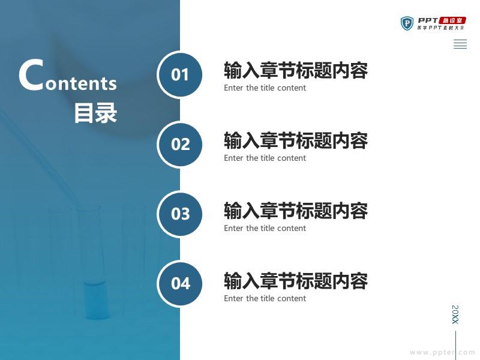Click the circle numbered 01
pos(179,74)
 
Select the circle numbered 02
pos(179,144)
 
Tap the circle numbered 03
pos(179,214)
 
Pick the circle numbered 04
pos(179,283)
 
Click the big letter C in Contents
pos(31,75)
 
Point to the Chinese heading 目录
pos(95,113)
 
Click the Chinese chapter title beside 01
pos(296,70)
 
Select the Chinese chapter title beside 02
pos(296,140)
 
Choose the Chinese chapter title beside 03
pos(296,211)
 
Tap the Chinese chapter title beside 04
pos(296,280)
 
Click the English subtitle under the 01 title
pos(265,88)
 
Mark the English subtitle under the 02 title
pos(265,158)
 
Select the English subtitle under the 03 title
pos(265,228)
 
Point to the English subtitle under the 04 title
pos(265,298)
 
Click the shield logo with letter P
pos(407,23)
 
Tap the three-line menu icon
pos(460,44)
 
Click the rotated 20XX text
pos(455,314)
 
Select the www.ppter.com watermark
pos(442,352)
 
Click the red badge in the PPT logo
pos(452,20)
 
